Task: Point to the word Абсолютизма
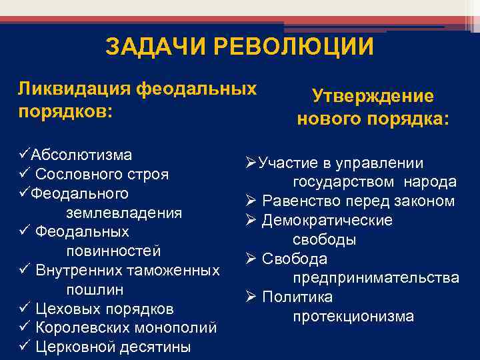point(80,155)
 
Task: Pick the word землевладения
point(124,213)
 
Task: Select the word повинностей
point(113,251)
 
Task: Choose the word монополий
point(181,328)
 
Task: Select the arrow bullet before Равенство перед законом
point(251,201)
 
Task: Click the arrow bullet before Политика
point(251,297)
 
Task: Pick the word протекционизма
point(353,316)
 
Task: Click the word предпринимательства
point(375,277)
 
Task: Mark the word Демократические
point(327,220)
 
